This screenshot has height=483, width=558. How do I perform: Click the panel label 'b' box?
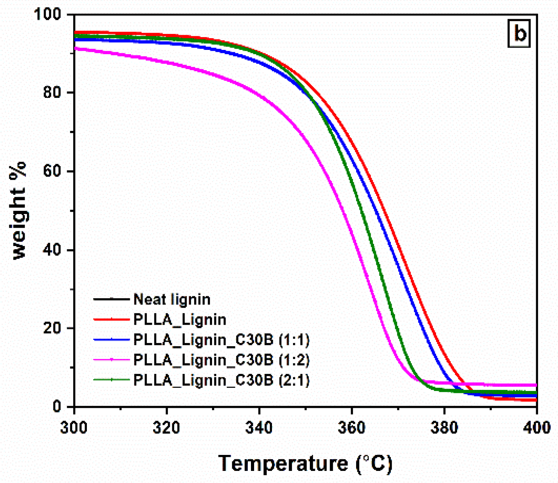[519, 34]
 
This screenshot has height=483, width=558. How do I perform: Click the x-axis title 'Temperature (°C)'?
[305, 464]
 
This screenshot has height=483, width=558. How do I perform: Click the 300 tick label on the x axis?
[74, 428]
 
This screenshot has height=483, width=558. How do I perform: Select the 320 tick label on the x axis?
[166, 428]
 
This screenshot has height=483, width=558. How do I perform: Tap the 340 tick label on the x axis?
[259, 428]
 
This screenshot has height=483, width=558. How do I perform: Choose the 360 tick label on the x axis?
[351, 428]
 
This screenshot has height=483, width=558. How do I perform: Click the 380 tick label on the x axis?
[444, 428]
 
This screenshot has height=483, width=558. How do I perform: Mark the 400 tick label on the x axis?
[537, 428]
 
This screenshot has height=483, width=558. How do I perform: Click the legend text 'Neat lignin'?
[172, 299]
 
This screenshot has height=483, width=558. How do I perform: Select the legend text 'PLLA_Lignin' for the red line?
[180, 320]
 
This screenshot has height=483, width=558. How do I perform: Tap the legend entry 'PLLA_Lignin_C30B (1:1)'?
[221, 340]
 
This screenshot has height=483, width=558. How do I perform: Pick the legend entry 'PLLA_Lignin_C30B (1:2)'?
[221, 360]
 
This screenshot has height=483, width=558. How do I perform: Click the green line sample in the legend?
[111, 380]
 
